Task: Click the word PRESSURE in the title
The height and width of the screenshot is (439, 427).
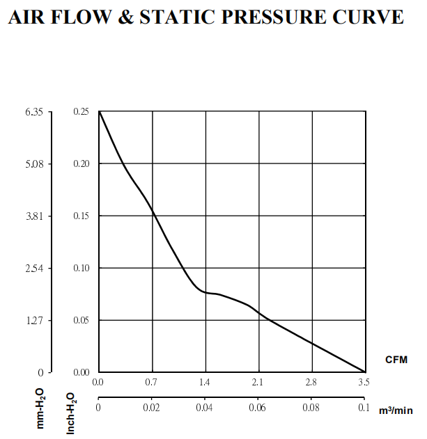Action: (277, 17)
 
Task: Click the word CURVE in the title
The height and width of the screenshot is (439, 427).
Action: (369, 17)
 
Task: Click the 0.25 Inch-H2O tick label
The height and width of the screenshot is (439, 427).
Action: (81, 111)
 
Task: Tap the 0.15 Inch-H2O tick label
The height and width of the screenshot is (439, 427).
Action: (81, 216)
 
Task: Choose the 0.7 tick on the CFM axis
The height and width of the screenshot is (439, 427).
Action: (152, 382)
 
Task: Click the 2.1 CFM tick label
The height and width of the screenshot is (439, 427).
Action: (258, 382)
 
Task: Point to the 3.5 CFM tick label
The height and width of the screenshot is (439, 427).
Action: (364, 382)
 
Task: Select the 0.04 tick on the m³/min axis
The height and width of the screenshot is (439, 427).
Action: (205, 408)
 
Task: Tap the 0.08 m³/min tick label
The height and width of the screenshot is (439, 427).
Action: (311, 408)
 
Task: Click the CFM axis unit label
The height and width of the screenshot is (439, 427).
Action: (396, 360)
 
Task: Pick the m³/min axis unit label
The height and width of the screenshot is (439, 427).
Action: (396, 410)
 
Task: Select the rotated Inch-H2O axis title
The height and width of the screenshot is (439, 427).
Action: (70, 412)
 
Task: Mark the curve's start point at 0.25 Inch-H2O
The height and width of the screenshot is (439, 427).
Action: (99, 111)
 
